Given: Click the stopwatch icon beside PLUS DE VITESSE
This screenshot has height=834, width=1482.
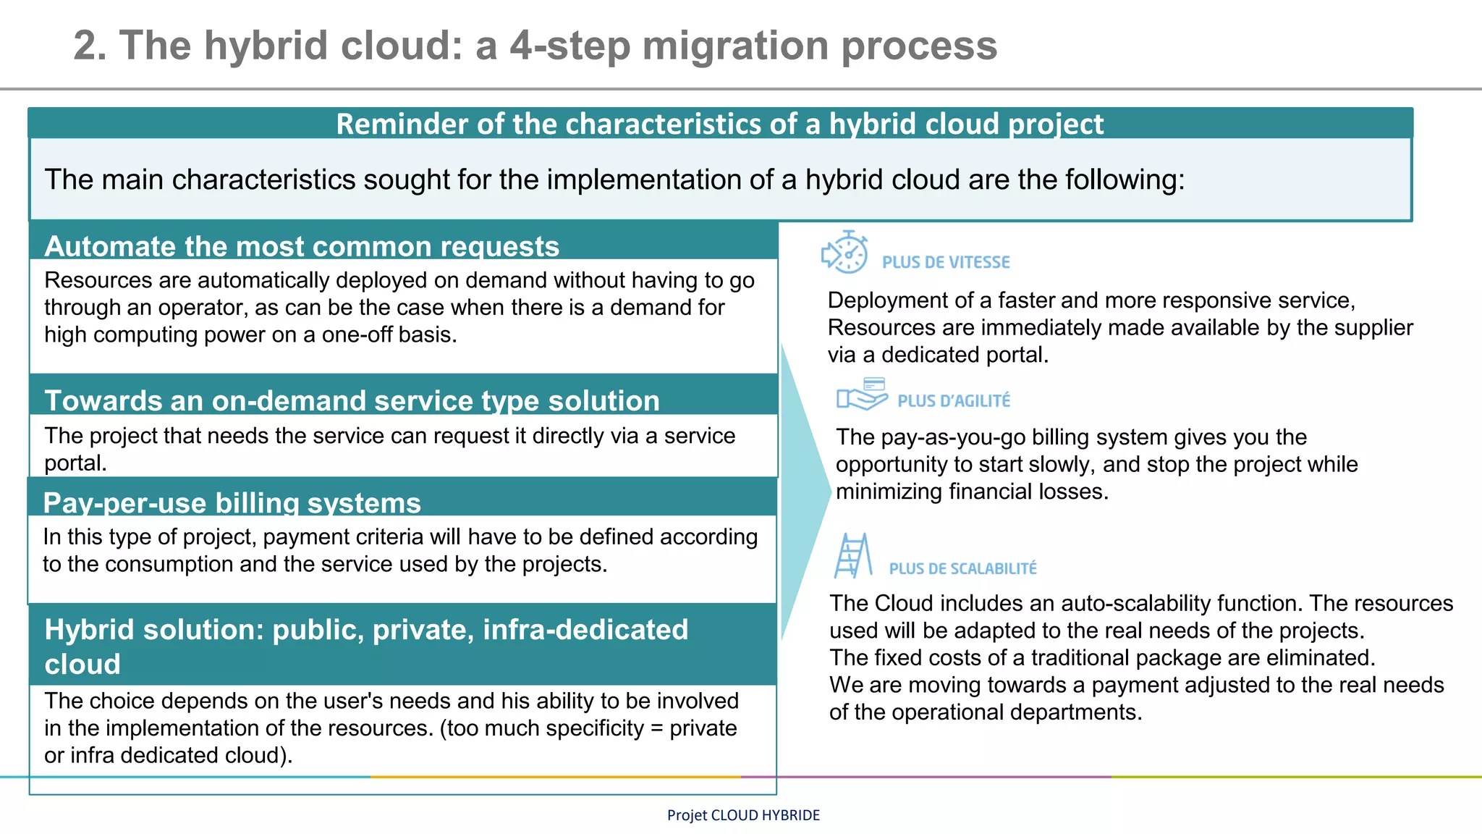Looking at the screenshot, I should tap(845, 253).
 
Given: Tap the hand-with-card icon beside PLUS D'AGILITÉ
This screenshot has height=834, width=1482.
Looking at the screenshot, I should tap(862, 394).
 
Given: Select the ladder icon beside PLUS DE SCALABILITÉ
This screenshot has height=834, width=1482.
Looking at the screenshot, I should tap(852, 556).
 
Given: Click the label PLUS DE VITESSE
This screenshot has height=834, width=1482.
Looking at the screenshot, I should tap(946, 262).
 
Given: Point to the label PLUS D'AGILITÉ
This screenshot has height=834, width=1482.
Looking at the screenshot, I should tap(954, 401).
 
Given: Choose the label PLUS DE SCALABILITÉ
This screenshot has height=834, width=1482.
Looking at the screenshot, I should tap(962, 569).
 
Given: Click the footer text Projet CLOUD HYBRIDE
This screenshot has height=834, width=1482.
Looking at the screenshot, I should tap(743, 815).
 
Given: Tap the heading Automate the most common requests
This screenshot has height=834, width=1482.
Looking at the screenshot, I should tap(302, 247).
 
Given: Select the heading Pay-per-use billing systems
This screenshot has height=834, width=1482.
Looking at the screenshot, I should tap(232, 503).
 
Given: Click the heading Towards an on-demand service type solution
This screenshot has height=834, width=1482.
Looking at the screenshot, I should tap(352, 401).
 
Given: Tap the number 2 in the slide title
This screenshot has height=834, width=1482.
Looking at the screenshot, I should tap(85, 46).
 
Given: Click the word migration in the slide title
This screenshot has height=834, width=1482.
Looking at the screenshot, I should tap(735, 46).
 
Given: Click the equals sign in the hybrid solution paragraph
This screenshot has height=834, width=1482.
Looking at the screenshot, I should tap(656, 728).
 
